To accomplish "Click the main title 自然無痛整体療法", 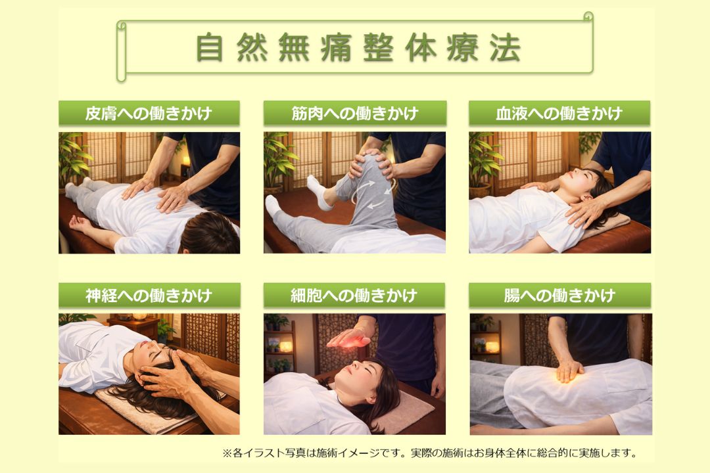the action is (x=358, y=47).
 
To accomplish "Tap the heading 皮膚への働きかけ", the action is (x=149, y=113).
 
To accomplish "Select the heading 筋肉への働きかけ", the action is (x=354, y=113).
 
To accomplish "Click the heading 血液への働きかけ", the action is (x=559, y=113).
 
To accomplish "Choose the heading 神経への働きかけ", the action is (x=149, y=296).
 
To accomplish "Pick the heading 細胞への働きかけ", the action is (x=354, y=296).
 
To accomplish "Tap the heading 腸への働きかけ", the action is (x=559, y=296).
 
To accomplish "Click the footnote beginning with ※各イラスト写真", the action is (x=430, y=453).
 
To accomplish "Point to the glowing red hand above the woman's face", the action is (x=349, y=338).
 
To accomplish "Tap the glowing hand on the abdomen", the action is (x=569, y=371).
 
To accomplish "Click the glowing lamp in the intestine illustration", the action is (x=492, y=347).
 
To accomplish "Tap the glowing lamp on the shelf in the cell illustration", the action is (x=286, y=347).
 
